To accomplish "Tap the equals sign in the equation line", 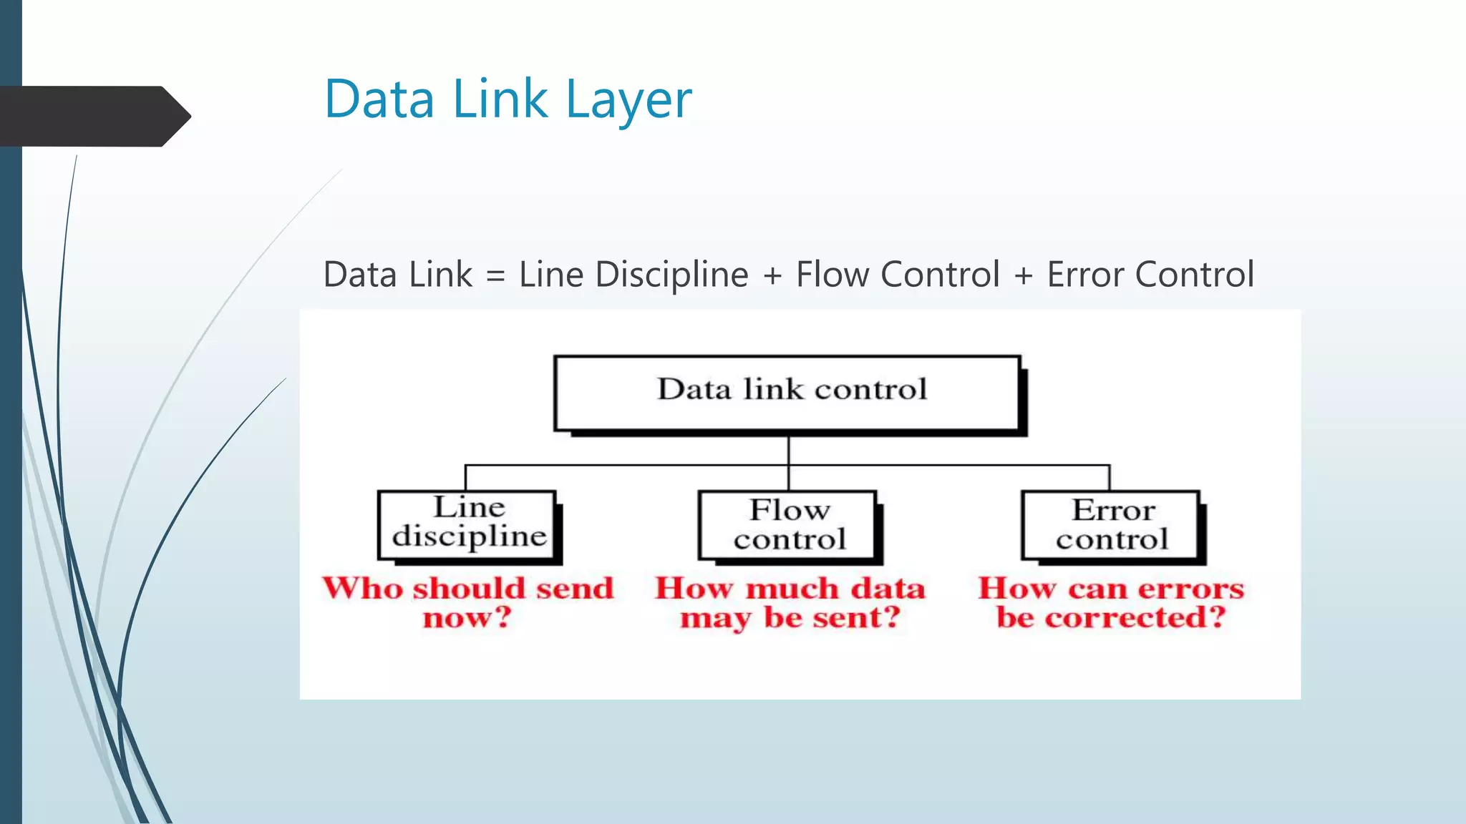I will pos(495,276).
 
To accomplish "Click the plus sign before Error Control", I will pos(1024,276).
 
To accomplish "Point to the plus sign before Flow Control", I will pos(772,276).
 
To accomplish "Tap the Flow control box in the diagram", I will pos(788,525).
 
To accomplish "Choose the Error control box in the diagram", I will pos(1111,525).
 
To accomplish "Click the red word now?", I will pos(467,617).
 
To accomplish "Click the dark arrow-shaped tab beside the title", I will pos(93,117).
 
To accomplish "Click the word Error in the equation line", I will pos(1086,275).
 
